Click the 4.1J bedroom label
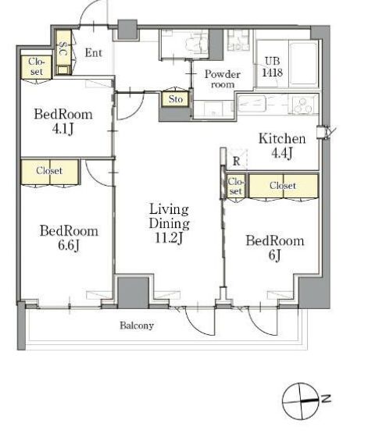pos(63,121)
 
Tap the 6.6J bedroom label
pos(69,238)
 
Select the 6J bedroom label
pos(275,247)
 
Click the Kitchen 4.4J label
pos(282,146)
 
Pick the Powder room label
pos(223,79)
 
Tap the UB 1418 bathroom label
pos(272,66)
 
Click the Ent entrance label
pos(93,52)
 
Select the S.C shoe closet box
pos(64,52)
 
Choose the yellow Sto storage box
pos(176,99)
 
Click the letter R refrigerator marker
pos(236,161)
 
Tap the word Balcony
pos(137,325)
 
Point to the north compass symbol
pos(301,400)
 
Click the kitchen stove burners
pos(302,105)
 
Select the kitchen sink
pos(252,104)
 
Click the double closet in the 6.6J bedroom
pos(50,172)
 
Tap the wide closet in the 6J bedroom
pos(284,186)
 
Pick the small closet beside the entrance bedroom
pos(36,67)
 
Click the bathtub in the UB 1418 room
pos(303,64)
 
